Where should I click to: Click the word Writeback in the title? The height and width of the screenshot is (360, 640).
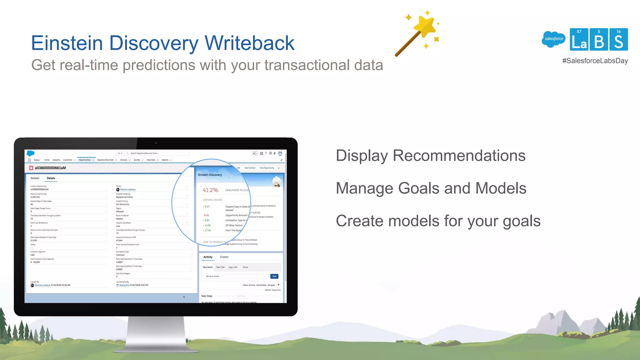[x=249, y=43]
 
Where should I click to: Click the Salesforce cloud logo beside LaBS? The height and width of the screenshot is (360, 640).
[x=553, y=39]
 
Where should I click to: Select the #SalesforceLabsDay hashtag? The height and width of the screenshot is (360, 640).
[x=595, y=61]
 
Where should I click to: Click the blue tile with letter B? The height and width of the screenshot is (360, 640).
[x=598, y=39]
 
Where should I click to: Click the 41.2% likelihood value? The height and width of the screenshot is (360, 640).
[x=210, y=190]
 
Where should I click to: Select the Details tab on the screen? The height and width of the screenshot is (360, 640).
[x=51, y=178]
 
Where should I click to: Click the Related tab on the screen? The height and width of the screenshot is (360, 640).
[x=35, y=178]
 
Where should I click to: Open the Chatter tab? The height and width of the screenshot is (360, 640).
[x=224, y=257]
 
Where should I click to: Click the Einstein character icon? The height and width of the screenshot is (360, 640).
[x=277, y=182]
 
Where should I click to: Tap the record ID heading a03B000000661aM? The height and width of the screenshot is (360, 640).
[x=50, y=168]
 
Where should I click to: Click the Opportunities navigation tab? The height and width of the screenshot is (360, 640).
[x=85, y=160]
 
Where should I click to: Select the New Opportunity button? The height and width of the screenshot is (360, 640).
[x=267, y=168]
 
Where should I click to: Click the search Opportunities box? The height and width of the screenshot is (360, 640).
[x=158, y=153]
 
